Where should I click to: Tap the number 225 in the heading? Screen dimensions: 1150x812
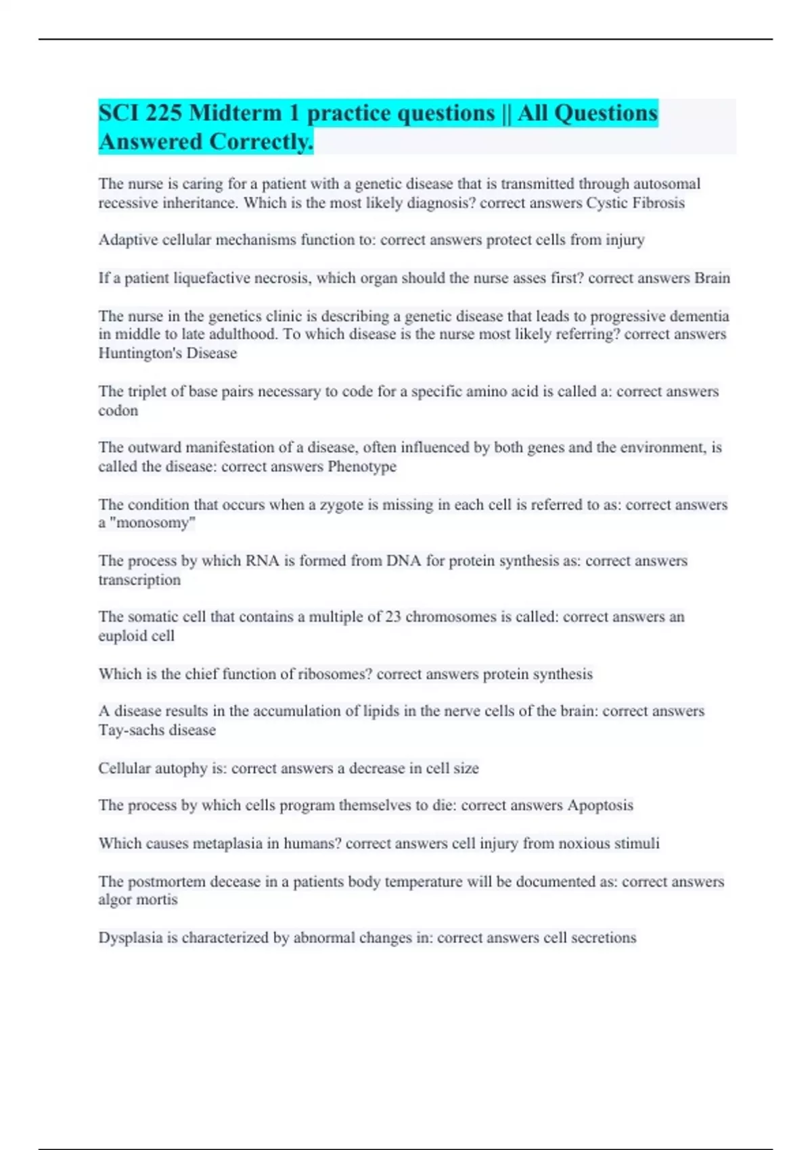point(163,113)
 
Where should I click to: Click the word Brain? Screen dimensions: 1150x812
point(712,278)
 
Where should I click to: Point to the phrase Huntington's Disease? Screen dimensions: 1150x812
point(168,353)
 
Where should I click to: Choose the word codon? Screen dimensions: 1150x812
point(118,411)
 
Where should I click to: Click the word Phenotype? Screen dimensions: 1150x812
point(362,467)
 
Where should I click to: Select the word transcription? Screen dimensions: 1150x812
point(139,580)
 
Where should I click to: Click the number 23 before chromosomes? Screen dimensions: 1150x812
point(393,617)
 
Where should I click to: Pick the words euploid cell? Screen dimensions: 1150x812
point(137,636)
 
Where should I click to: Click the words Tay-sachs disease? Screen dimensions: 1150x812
point(157,730)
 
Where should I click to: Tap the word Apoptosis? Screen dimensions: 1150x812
point(600,805)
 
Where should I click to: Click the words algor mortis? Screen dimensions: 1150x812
point(138,900)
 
